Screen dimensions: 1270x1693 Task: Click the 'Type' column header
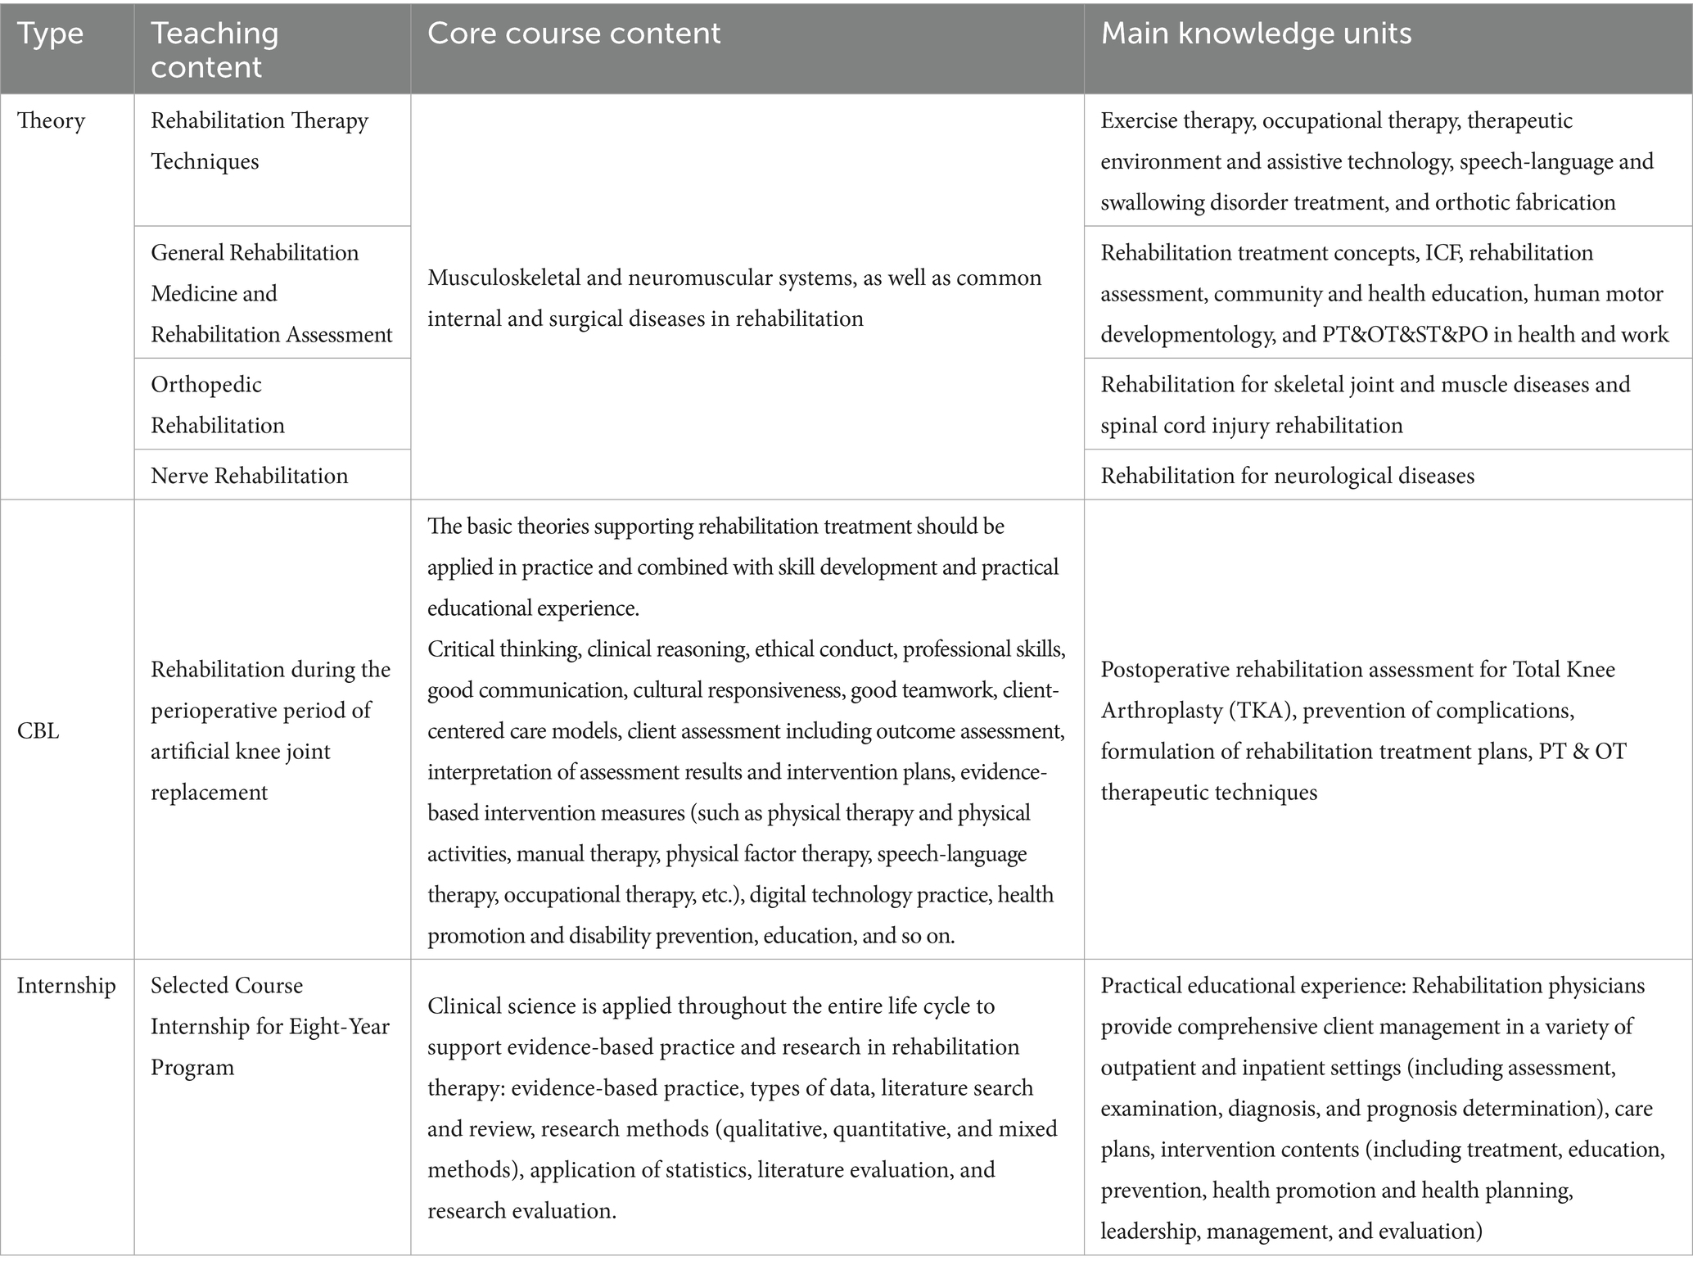(50, 34)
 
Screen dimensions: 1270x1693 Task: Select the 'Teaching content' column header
(214, 50)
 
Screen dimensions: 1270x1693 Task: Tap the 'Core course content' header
(574, 34)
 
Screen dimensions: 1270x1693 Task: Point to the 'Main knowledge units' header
(1256, 34)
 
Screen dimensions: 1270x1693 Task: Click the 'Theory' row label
(51, 121)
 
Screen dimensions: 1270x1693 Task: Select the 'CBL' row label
(38, 730)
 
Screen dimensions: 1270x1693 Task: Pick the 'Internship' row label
(66, 985)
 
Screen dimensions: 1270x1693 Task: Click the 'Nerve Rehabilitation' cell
(249, 476)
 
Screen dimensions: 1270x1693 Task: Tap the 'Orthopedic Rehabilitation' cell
(218, 405)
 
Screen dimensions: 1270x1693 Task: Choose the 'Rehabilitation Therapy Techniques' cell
(259, 141)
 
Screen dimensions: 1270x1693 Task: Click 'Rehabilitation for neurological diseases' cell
(1287, 476)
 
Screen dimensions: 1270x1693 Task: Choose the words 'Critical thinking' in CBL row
(503, 649)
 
